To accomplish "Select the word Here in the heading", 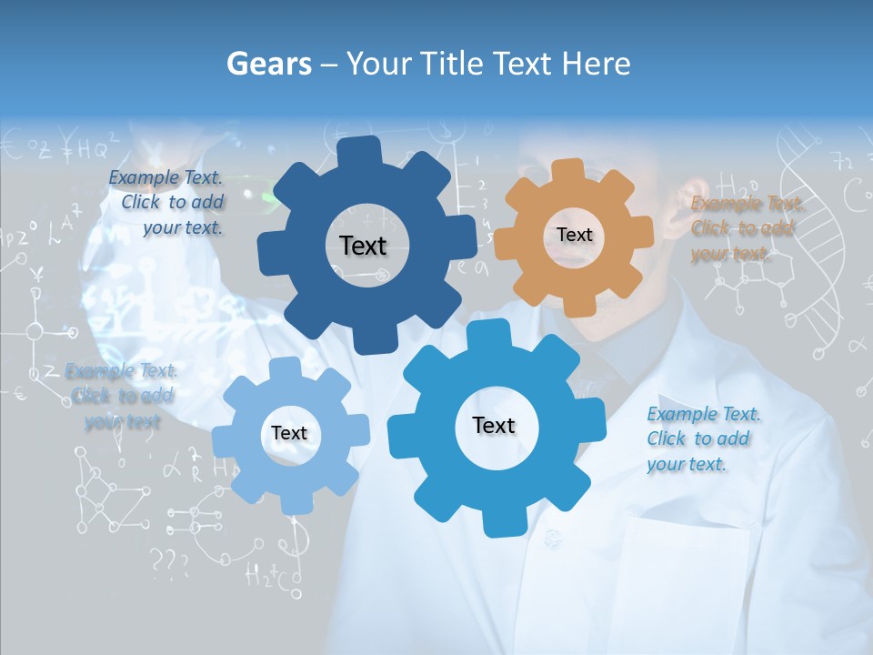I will (x=597, y=64).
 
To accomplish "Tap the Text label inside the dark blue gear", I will (x=363, y=246).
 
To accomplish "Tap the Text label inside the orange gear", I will (x=574, y=235).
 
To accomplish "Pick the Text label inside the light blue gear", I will (x=289, y=434).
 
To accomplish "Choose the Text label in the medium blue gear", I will (x=494, y=425).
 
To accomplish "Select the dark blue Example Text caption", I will (x=168, y=203).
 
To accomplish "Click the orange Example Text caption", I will (x=746, y=228).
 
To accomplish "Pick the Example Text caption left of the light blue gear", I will (x=122, y=396).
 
